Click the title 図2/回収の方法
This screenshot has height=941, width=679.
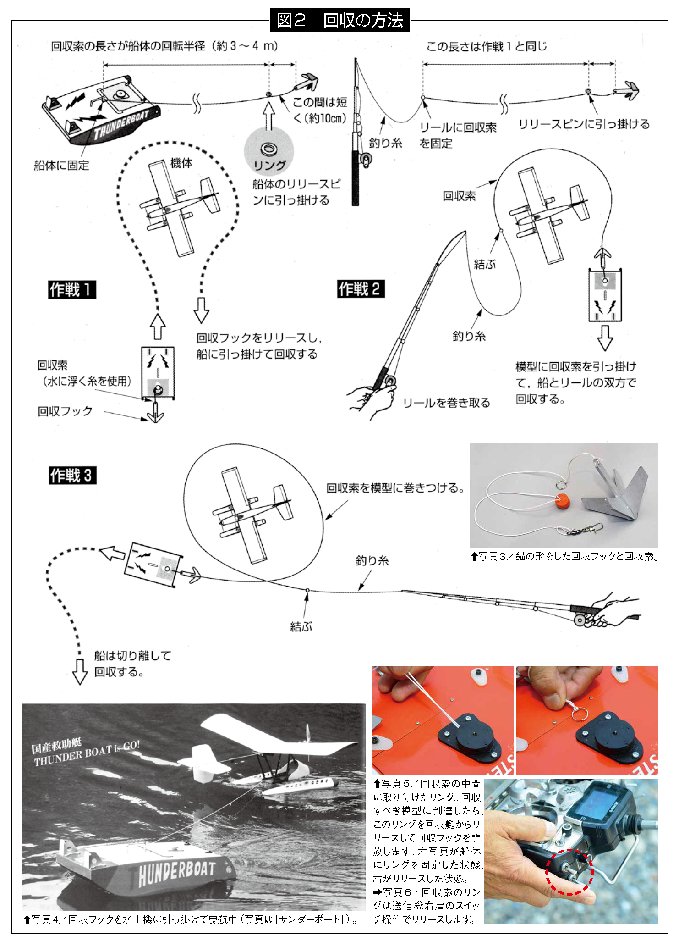pos(339,20)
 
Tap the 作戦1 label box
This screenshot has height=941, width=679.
pos(72,289)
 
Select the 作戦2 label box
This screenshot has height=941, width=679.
pos(361,289)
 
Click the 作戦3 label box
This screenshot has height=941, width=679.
pos(72,475)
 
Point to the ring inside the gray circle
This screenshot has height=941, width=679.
pos(269,149)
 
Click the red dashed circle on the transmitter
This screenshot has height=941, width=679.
pos(569,871)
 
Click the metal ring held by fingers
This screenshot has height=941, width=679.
pos(578,714)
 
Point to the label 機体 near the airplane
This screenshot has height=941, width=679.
pos(181,163)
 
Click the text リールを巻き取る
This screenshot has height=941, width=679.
pos(446,403)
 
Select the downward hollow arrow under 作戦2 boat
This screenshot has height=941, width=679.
pos(605,338)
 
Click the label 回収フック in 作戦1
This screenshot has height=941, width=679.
pos(65,411)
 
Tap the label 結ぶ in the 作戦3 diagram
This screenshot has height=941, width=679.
pos(301,626)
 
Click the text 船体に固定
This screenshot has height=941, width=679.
pos(61,165)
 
